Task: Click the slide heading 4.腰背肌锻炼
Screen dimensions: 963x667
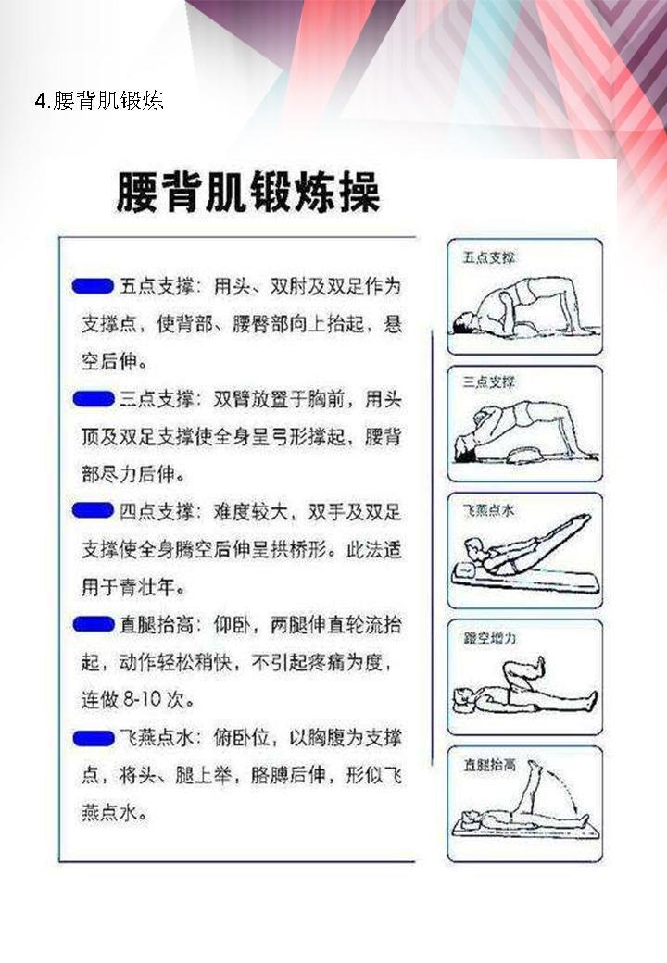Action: pyautogui.click(x=99, y=100)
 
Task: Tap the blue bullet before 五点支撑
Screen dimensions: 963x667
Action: pyautogui.click(x=93, y=285)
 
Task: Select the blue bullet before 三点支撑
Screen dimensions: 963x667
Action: pyautogui.click(x=93, y=399)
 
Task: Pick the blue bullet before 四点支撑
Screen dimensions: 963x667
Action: pyautogui.click(x=93, y=511)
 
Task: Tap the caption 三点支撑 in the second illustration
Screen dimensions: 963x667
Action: pyautogui.click(x=488, y=381)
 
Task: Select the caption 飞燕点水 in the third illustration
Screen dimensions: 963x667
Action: pyautogui.click(x=488, y=508)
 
